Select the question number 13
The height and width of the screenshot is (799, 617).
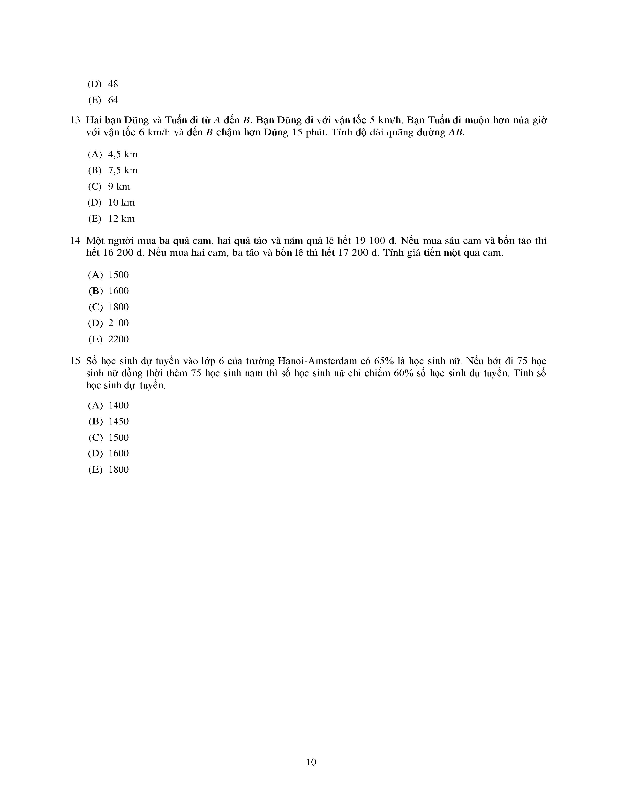(75, 120)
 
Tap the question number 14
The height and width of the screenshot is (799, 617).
(75, 241)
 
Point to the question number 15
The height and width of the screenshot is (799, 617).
(75, 361)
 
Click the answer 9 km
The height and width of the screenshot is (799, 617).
(119, 187)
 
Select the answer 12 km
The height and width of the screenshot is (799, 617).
(121, 219)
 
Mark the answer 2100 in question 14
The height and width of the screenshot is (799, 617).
(119, 323)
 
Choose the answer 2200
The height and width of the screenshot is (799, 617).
(119, 339)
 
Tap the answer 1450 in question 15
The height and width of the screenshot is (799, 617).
(119, 422)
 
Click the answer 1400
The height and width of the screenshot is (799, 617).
(119, 405)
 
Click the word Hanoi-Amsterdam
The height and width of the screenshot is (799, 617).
(317, 361)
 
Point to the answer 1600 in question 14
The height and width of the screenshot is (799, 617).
(119, 291)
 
